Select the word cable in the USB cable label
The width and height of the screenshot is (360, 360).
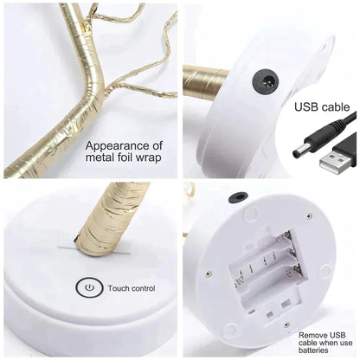(x=337, y=107)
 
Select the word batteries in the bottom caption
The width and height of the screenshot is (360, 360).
(x=317, y=350)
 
